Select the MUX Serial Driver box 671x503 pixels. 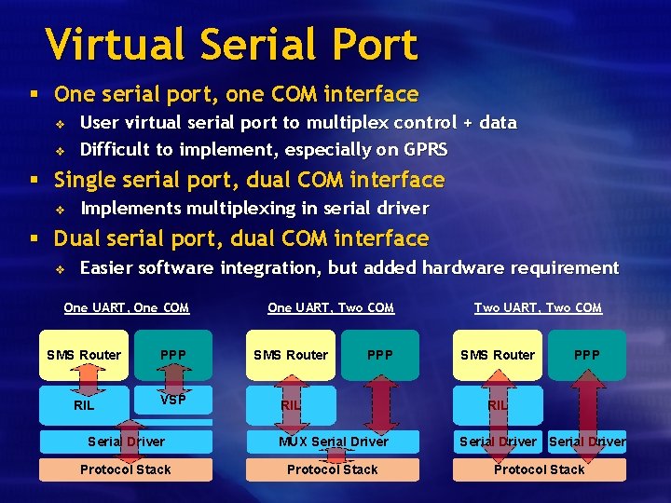(x=333, y=442)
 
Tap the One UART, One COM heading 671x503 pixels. (x=126, y=307)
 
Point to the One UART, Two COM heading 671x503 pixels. (x=331, y=307)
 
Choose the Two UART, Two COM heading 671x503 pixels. (x=538, y=307)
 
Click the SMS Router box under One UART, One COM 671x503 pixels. (x=84, y=355)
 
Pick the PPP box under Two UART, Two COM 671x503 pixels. (x=587, y=355)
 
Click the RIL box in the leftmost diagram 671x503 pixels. (x=84, y=406)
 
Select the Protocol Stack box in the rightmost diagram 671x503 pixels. (x=539, y=469)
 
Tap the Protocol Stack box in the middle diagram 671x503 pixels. (x=333, y=469)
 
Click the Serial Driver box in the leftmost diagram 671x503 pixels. (x=126, y=442)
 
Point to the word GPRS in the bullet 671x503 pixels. (x=426, y=149)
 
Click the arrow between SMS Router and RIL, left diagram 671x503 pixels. (x=86, y=380)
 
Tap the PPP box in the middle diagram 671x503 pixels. (x=380, y=355)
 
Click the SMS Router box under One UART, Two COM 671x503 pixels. (x=292, y=355)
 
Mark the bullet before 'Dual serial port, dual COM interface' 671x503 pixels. (x=33, y=239)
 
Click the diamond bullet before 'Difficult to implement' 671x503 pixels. (x=59, y=150)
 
